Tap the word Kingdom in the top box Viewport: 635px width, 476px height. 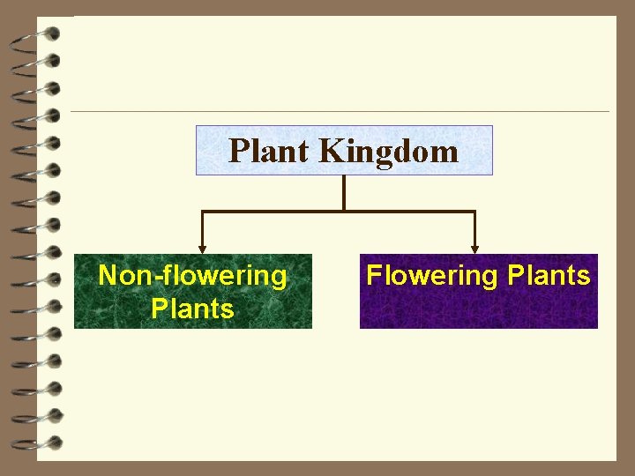388,152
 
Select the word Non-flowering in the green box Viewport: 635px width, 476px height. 192,275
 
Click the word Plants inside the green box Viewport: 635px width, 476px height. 192,309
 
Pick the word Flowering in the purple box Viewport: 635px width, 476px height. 432,275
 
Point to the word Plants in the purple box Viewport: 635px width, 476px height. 549,275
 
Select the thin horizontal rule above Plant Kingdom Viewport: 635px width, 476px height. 340,111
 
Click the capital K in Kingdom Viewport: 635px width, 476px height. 330,152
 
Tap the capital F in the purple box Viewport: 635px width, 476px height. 374,275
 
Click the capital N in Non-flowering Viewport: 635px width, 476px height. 107,275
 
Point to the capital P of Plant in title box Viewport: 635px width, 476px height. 237,152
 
